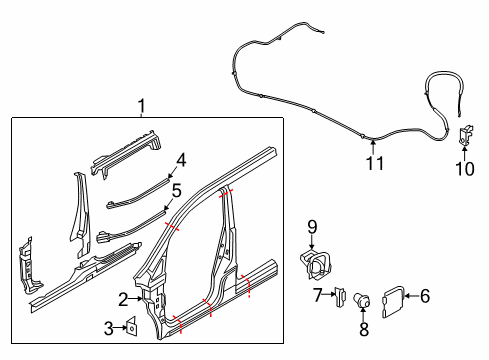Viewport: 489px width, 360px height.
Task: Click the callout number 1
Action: [x=141, y=105]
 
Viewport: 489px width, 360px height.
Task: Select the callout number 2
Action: [x=123, y=298]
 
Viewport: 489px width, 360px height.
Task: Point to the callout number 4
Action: [x=181, y=159]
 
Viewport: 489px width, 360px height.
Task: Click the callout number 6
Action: [x=424, y=295]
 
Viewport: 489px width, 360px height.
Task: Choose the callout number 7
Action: [x=317, y=295]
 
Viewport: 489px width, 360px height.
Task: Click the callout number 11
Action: [x=373, y=164]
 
